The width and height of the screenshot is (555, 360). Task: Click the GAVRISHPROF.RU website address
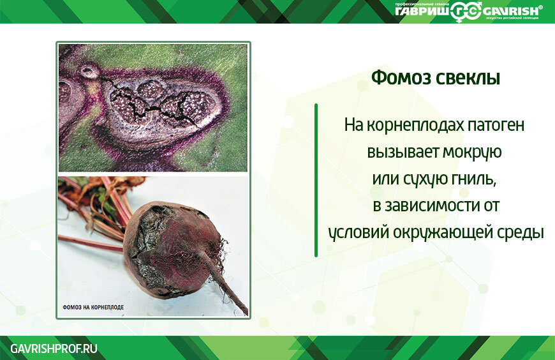[x=54, y=349]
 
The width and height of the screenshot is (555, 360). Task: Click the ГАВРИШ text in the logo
[x=422, y=11]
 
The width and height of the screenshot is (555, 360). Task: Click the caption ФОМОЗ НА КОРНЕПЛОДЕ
[x=93, y=307]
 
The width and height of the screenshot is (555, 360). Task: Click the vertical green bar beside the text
[x=316, y=181]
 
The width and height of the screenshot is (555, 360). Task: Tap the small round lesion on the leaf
[x=89, y=71]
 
